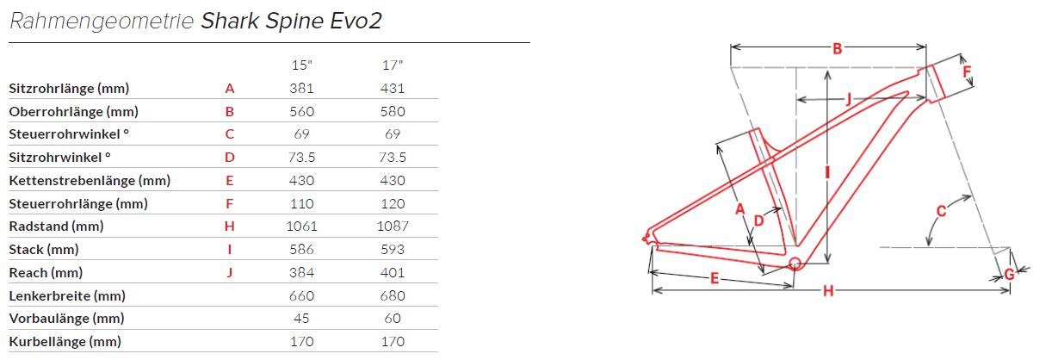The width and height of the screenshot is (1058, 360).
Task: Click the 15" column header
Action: (x=302, y=65)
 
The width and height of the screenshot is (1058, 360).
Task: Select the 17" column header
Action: (x=393, y=65)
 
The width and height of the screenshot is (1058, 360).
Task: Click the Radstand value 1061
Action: (x=302, y=227)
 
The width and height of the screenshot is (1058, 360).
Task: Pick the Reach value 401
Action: (x=393, y=273)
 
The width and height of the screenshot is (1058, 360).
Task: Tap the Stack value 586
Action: (x=302, y=250)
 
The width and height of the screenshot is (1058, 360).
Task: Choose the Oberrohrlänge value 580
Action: (x=393, y=111)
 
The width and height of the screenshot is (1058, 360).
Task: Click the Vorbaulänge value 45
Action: (x=302, y=319)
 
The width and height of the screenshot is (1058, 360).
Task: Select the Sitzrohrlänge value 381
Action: (x=302, y=89)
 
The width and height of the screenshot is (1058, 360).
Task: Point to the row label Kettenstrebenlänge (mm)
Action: (x=90, y=181)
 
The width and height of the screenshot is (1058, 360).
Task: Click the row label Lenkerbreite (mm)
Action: (x=67, y=296)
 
